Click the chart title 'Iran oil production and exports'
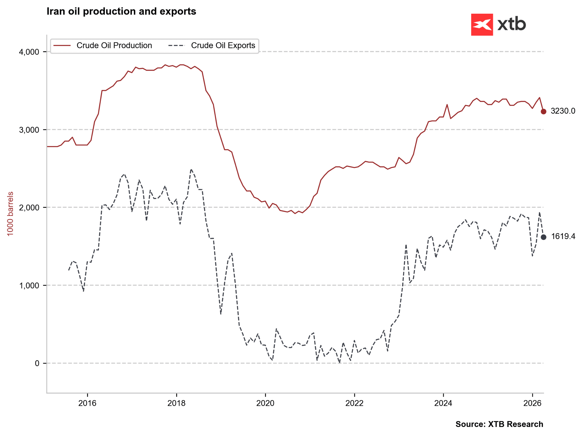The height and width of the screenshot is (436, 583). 121,11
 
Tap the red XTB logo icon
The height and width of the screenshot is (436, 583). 482,25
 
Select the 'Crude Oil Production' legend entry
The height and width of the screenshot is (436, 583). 114,46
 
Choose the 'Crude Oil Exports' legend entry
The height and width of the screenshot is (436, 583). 223,46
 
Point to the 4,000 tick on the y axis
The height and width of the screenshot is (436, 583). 29,52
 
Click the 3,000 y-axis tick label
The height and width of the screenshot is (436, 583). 29,130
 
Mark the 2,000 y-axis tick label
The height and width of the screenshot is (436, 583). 29,208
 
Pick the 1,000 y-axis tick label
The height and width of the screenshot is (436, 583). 29,286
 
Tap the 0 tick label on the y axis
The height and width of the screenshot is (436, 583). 37,363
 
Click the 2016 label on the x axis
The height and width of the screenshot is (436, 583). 87,403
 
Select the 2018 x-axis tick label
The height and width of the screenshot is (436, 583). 176,403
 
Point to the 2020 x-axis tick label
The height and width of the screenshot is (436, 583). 265,403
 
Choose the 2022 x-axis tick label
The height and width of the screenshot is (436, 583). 354,403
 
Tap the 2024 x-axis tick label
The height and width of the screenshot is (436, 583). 443,403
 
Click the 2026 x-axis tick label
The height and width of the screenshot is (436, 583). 532,403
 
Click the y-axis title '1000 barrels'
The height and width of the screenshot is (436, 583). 10,214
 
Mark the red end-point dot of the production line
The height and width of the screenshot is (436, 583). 543,111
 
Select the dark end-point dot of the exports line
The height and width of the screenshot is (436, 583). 543,237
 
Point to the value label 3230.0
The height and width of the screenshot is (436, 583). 563,111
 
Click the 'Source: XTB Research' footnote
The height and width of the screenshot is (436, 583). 499,424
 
